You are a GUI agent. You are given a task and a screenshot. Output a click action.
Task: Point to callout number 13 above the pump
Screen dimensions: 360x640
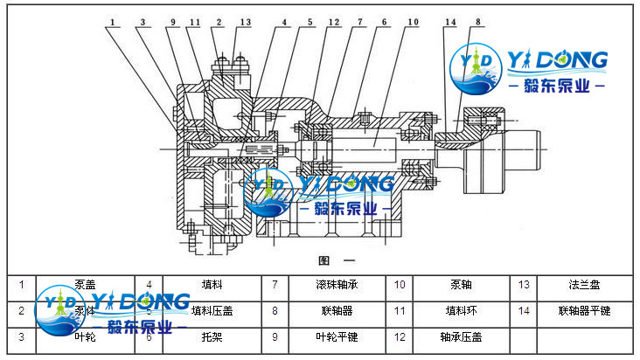click(245, 21)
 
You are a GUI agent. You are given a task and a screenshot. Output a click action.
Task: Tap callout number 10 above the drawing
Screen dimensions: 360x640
click(413, 21)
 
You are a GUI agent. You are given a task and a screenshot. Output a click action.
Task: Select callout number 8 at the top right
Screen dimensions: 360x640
click(477, 21)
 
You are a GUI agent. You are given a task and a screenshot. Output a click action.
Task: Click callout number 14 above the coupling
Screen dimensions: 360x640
click(449, 21)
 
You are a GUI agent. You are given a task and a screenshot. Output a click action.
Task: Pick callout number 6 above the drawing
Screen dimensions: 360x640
click(383, 21)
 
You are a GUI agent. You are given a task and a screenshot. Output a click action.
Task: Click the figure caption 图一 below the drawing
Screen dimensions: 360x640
click(336, 260)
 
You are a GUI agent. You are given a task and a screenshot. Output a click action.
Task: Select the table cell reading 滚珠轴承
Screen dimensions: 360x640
click(336, 285)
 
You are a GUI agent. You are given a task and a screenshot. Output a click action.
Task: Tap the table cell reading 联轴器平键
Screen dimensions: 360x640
click(583, 310)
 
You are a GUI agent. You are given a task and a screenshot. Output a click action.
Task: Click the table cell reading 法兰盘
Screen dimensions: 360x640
click(583, 285)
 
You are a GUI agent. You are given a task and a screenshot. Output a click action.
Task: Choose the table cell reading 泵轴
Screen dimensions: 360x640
click(460, 285)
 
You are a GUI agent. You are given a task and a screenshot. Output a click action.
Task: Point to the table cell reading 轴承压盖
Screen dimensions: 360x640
click(460, 336)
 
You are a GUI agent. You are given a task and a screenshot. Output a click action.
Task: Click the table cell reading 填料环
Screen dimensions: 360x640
click(460, 310)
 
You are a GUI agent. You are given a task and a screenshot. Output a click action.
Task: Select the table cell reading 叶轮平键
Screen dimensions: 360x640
click(336, 336)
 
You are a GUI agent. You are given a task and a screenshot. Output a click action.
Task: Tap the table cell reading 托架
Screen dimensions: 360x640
click(212, 336)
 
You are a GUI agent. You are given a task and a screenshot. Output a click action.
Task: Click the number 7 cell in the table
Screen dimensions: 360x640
click(274, 285)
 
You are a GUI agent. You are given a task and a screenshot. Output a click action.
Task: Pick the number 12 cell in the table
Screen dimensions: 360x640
click(399, 336)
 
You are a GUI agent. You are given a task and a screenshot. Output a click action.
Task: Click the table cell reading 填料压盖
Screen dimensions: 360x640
click(212, 310)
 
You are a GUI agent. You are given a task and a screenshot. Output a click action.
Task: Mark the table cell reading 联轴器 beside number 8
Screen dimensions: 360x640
click(336, 310)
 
